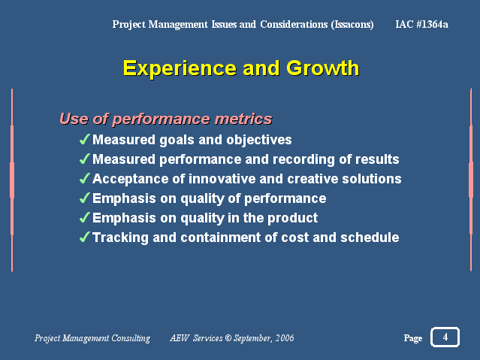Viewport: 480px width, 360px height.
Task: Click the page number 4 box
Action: pyautogui.click(x=445, y=337)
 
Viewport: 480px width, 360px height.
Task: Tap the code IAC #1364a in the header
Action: pyautogui.click(x=421, y=24)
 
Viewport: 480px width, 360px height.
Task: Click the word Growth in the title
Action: pyautogui.click(x=322, y=68)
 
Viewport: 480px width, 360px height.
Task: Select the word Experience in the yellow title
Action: pyautogui.click(x=180, y=68)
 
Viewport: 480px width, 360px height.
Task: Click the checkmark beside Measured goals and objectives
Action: pyautogui.click(x=84, y=139)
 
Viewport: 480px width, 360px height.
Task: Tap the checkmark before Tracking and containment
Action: pyautogui.click(x=84, y=237)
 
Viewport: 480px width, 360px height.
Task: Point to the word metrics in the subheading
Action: pyautogui.click(x=243, y=119)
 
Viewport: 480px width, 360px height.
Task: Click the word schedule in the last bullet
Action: pyautogui.click(x=370, y=237)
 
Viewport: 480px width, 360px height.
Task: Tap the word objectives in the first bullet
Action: pyautogui.click(x=258, y=140)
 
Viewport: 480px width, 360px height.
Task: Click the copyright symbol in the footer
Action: pyautogui.click(x=228, y=338)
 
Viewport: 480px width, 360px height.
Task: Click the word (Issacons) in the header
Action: pyautogui.click(x=352, y=25)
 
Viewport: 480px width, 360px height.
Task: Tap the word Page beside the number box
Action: pyautogui.click(x=413, y=338)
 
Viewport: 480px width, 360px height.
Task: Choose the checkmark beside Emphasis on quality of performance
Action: pyautogui.click(x=84, y=198)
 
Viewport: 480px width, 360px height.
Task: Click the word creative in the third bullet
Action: pyautogui.click(x=312, y=179)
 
